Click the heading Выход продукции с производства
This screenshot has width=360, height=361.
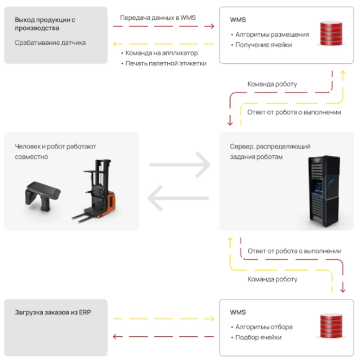[x=45, y=24]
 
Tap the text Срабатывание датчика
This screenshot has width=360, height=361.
[x=50, y=42]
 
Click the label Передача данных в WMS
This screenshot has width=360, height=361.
[x=158, y=18]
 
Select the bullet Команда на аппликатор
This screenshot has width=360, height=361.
[x=159, y=53]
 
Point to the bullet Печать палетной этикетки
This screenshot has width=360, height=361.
[x=164, y=63]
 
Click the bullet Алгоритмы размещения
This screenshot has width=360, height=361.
[x=270, y=34]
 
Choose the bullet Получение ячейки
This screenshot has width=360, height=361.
[x=262, y=45]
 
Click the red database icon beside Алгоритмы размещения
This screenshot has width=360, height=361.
[x=331, y=33]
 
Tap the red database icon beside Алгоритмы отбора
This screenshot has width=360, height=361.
[x=331, y=325]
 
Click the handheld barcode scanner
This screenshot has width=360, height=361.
[x=42, y=196]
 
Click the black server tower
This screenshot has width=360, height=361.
[x=324, y=191]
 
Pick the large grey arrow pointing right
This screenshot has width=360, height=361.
[x=180, y=164]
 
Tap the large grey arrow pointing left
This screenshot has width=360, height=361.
[x=178, y=198]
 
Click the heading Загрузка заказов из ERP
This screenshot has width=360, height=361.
[x=53, y=312]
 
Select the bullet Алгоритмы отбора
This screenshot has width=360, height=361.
[x=262, y=327]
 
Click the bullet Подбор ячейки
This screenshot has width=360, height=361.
[x=256, y=337]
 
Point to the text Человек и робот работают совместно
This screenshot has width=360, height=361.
[x=55, y=151]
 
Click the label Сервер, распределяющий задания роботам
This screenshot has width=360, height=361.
[x=270, y=151]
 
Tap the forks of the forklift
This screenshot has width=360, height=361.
[x=86, y=216]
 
